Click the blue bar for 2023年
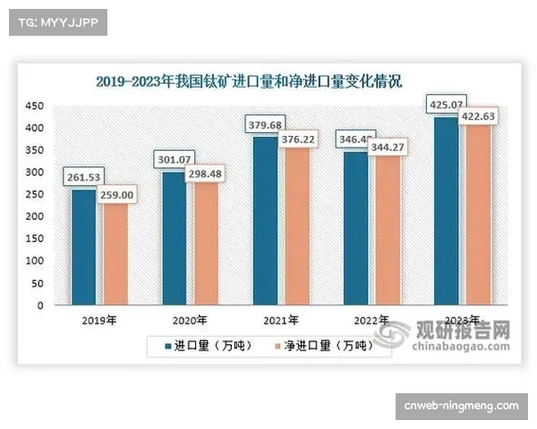coord(447,211)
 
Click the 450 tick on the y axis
coord(34,106)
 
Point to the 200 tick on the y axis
coord(34,217)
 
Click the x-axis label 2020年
coord(189,320)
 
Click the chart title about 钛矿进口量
coord(250,81)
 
